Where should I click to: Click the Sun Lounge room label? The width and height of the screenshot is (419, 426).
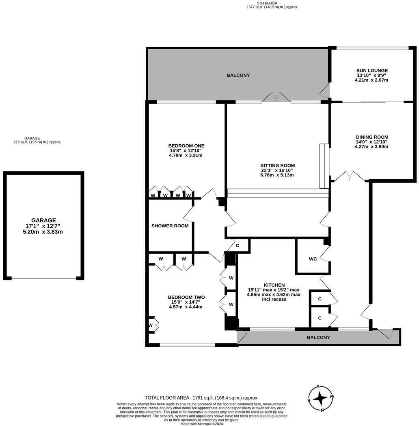[372, 70]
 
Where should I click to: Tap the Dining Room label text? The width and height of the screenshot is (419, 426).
[371, 137]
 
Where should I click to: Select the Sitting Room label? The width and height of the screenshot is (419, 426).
[277, 165]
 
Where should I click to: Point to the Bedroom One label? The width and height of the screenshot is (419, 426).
[186, 146]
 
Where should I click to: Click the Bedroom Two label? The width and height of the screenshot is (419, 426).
[187, 297]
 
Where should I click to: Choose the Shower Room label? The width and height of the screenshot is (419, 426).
[170, 226]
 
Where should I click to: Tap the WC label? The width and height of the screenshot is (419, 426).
[313, 259]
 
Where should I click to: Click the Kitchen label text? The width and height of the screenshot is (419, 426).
[274, 285]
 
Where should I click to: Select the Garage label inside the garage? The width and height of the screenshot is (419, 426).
[43, 220]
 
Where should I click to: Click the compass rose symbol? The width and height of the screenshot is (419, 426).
[321, 398]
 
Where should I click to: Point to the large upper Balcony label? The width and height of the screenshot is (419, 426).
[238, 75]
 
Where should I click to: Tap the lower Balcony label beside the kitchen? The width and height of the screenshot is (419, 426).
[318, 337]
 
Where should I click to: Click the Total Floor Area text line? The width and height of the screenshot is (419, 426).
[201, 398]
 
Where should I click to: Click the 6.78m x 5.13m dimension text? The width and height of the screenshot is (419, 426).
[277, 175]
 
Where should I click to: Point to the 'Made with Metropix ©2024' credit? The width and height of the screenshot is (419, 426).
[202, 424]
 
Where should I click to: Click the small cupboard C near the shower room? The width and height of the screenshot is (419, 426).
[237, 246]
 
